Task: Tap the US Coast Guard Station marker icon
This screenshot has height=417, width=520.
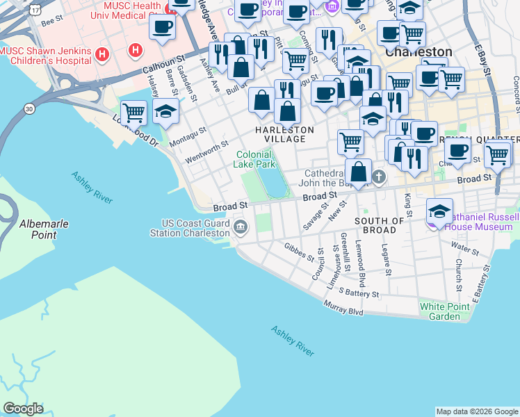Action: [241, 227]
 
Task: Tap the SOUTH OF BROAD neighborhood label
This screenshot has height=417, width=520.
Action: [380, 225]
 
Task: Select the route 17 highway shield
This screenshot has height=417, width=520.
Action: [35, 9]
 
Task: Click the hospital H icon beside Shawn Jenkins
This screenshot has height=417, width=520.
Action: [102, 54]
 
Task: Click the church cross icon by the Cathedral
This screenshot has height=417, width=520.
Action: [379, 177]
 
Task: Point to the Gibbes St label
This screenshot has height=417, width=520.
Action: [300, 251]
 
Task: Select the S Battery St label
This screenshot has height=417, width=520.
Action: [359, 295]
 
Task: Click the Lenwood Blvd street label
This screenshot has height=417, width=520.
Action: [361, 264]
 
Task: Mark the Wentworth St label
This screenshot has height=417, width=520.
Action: [206, 152]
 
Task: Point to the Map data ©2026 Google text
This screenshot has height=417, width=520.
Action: [476, 411]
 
